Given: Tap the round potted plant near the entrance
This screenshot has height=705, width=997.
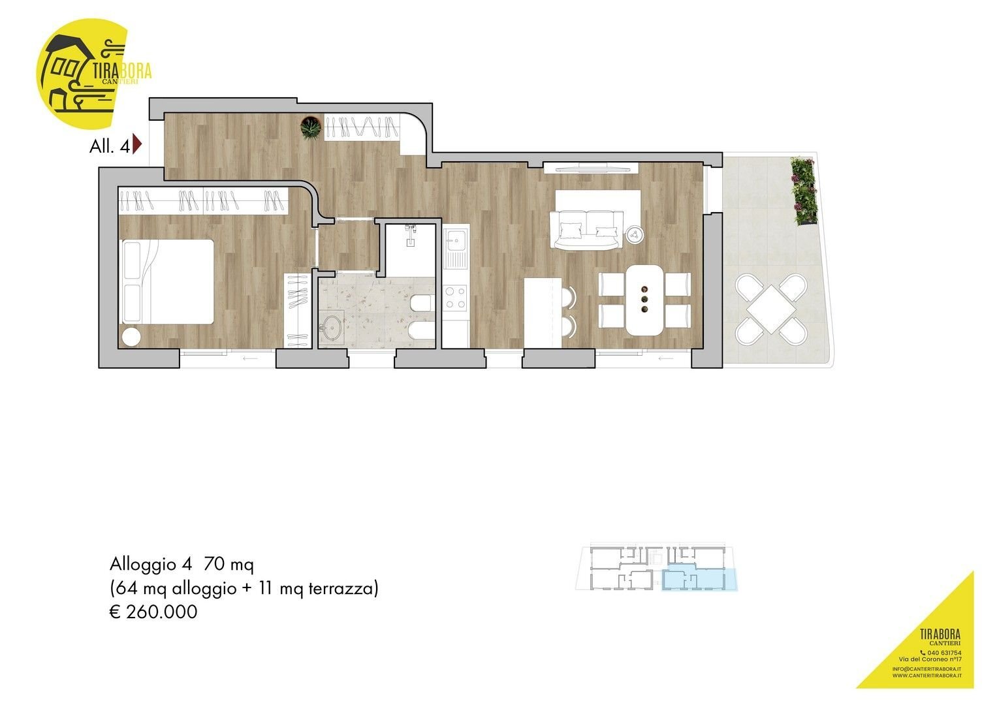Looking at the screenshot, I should click(x=311, y=127).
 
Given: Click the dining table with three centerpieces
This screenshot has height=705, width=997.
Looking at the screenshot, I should click(x=644, y=300).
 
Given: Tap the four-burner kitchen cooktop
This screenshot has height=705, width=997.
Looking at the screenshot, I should click(x=456, y=298).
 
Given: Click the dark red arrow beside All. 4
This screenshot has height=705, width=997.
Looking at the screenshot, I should click(x=136, y=144).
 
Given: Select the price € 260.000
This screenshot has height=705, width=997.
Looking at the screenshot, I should click(x=153, y=612).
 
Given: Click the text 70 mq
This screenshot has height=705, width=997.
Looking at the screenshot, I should click(x=228, y=563).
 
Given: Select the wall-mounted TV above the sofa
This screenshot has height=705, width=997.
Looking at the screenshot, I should click(x=590, y=167).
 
